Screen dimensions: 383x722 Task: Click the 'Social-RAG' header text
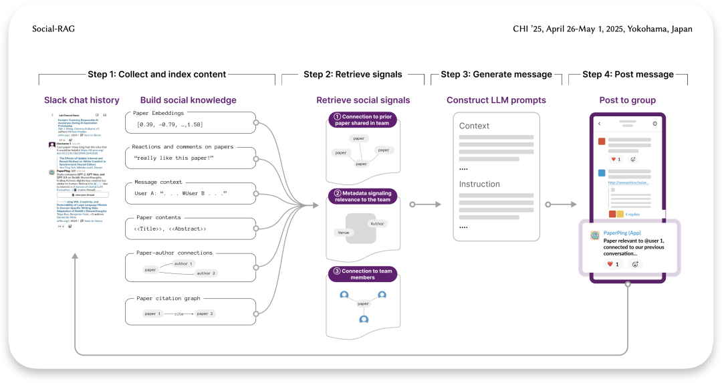pos(53,29)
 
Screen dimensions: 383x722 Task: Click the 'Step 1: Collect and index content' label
pos(156,74)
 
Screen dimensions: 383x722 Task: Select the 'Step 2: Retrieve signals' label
pos(352,74)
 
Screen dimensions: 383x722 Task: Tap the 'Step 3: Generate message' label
pos(496,74)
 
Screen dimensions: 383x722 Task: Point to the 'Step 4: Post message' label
pos(628,74)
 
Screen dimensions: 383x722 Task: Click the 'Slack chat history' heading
pos(82,100)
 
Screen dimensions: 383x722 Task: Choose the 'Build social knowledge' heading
pos(188,100)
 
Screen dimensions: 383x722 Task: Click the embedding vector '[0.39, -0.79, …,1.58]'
pos(169,124)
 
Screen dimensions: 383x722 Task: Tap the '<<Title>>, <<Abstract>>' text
pos(170,229)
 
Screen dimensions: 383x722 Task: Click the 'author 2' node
pos(205,273)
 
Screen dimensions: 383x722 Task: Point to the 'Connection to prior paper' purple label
pos(362,120)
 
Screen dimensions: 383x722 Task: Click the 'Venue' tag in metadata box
pos(344,233)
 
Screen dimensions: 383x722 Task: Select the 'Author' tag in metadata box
pos(378,223)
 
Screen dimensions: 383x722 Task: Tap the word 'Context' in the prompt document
pos(474,126)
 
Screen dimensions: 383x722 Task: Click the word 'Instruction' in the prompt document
pos(479,184)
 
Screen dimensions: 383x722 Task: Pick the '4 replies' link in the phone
pos(632,214)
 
